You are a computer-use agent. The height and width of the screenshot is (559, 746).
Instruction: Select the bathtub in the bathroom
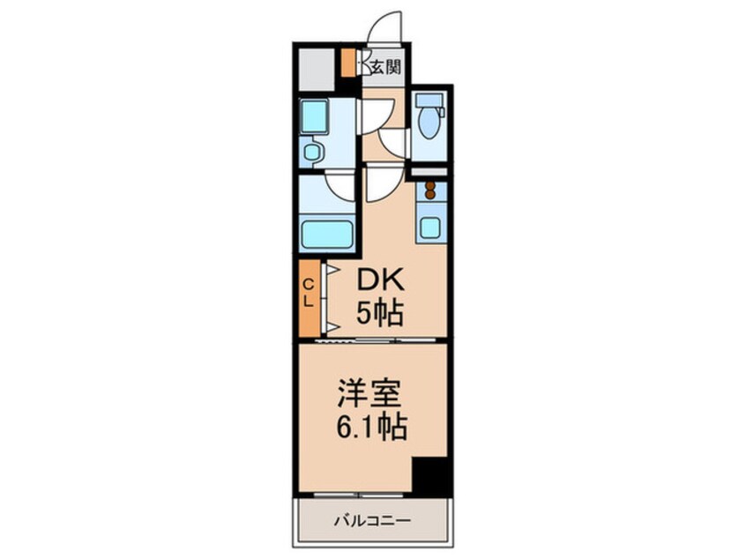(327, 235)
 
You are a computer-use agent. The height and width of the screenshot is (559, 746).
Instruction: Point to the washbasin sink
(313, 152)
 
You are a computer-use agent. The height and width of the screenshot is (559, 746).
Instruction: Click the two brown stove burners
(430, 191)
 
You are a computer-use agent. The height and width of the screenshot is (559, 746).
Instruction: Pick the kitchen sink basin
(430, 226)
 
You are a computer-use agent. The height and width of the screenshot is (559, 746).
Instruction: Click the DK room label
(380, 281)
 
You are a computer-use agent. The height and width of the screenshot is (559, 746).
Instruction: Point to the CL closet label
(309, 292)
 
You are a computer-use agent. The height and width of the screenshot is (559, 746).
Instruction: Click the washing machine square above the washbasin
(313, 116)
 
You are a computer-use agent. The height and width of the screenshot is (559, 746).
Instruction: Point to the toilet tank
(429, 100)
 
